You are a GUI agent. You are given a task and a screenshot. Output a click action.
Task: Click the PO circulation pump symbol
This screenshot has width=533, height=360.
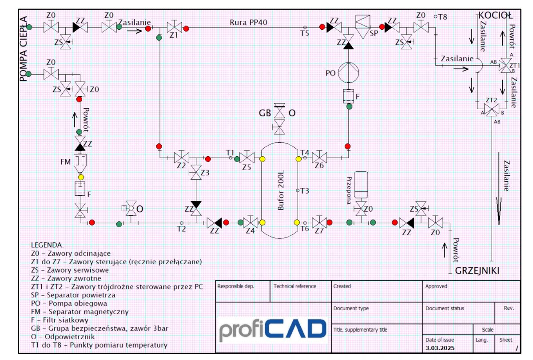click(348, 72)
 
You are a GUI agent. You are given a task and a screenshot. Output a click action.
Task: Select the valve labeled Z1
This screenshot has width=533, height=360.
click(175, 27)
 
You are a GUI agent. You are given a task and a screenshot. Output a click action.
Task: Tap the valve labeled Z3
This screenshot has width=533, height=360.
click(196, 172)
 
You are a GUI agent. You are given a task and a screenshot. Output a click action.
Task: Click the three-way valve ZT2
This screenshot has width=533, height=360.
click(492, 110)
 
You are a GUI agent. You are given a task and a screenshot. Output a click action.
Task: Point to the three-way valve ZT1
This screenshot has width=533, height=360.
click(505, 66)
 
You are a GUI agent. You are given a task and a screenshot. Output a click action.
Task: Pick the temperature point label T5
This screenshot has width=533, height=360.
click(305, 33)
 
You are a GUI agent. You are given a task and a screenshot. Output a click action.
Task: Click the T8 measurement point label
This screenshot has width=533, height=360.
click(442, 17)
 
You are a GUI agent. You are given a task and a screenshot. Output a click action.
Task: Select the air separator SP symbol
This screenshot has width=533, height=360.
click(362, 27)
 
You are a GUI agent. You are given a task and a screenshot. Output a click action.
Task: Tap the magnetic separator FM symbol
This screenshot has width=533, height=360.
click(80, 164)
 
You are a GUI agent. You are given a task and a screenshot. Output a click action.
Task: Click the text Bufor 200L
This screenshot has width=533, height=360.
click(281, 190)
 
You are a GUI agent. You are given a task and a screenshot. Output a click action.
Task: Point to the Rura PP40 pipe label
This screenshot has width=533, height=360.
click(248, 22)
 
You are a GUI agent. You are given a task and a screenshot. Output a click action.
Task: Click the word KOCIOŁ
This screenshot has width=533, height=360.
click(495, 16)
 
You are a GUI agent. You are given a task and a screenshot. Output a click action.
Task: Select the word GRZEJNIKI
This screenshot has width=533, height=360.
click(477, 271)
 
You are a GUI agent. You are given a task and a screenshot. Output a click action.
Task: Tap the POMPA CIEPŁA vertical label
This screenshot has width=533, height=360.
click(23, 49)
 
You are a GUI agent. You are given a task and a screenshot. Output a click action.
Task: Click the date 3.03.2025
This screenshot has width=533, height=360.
click(440, 348)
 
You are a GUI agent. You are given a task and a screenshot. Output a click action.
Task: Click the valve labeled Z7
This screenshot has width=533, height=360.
click(319, 222)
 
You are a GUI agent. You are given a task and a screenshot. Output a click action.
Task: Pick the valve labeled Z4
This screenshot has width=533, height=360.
click(251, 222)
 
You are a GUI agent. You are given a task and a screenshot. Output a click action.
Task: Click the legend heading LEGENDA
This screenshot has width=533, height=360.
click(47, 245)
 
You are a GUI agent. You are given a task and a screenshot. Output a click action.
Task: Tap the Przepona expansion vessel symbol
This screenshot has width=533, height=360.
click(361, 185)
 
